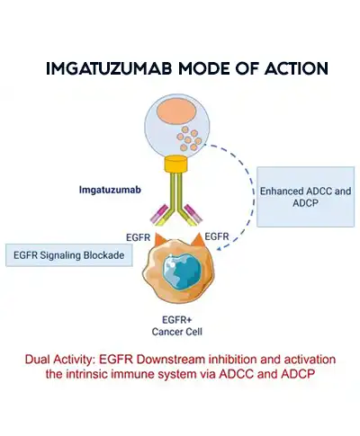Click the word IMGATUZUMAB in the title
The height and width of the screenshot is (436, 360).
click(x=98, y=68)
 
